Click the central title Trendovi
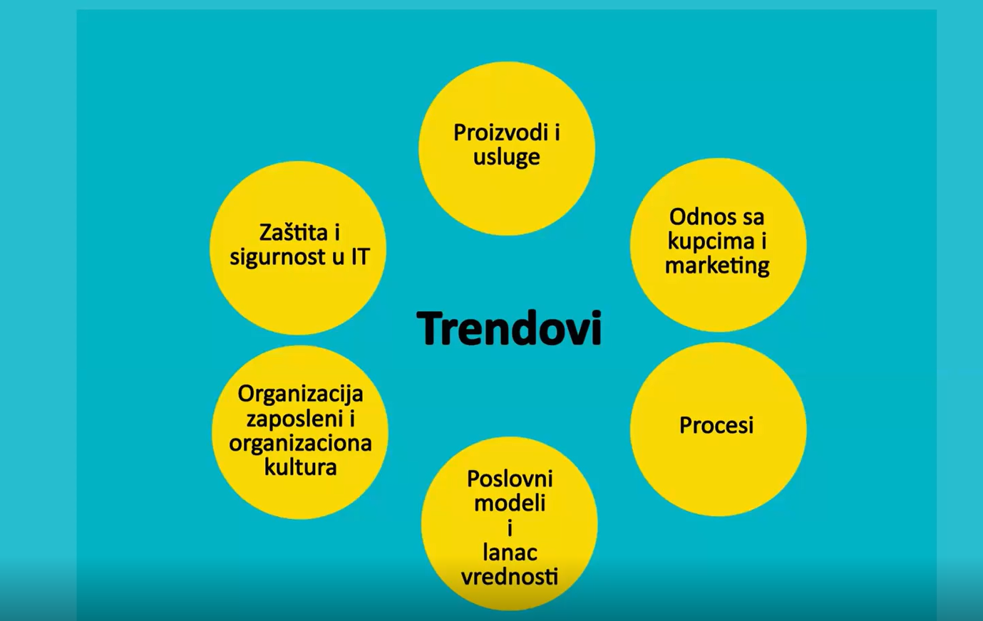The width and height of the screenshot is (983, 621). tap(509, 328)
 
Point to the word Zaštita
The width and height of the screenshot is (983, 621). tap(293, 232)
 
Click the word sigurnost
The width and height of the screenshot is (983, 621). tap(278, 257)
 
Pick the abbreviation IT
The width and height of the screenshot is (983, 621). tap(360, 256)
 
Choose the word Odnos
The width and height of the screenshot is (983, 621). tap(697, 216)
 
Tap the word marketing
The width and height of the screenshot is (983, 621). tap(717, 266)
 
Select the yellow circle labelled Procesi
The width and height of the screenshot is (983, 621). tap(718, 429)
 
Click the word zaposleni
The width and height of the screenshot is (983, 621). tap(295, 419)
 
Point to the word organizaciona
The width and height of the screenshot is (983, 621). tap(301, 444)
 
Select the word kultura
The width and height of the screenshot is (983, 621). tap(301, 467)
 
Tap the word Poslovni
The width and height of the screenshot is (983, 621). tap(510, 479)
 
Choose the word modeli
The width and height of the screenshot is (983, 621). tap(510, 503)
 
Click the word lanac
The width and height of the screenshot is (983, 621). tap(510, 553)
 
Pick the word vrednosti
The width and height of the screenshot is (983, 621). tap(510, 577)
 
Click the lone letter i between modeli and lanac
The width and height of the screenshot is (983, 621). tap(510, 528)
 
